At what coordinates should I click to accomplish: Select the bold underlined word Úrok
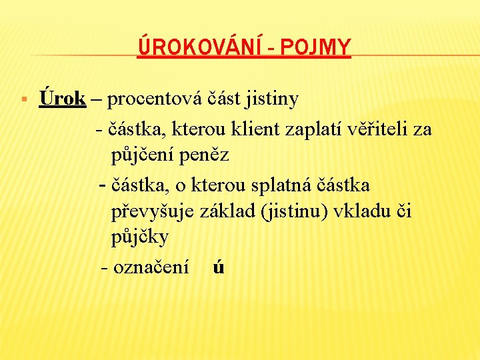tap(63, 99)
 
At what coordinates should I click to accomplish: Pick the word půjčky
tap(140, 238)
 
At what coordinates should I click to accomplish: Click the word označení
tap(151, 267)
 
